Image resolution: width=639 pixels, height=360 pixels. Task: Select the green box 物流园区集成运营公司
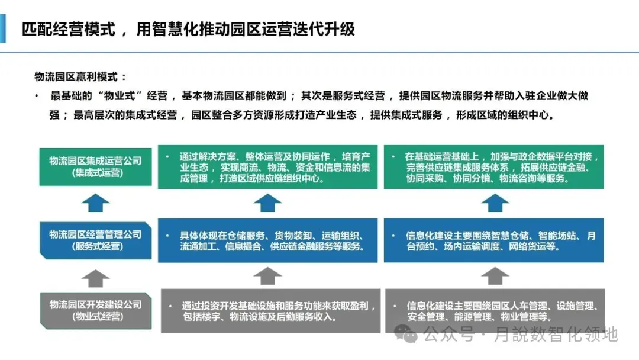pos(95,166)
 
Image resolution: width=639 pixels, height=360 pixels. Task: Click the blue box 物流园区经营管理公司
pos(95,240)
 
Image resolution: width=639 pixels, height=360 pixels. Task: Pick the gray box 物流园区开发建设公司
pos(95,310)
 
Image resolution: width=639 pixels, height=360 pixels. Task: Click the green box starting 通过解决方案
pos(267,167)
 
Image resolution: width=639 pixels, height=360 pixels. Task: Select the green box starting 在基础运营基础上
pos(493,167)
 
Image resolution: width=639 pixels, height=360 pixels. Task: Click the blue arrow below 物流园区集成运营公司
pos(95,202)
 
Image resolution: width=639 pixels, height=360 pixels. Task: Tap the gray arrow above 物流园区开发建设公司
pos(95,276)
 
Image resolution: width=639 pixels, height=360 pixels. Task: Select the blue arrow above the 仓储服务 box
pos(267,203)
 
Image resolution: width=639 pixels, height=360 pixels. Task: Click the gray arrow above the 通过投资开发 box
pos(267,275)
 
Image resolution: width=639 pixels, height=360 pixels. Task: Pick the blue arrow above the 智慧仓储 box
pos(495,203)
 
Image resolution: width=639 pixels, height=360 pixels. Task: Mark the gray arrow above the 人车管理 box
pos(495,275)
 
